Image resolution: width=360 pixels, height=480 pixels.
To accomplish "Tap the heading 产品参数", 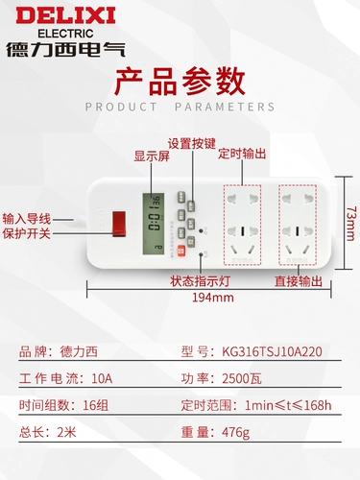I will (x=179, y=81).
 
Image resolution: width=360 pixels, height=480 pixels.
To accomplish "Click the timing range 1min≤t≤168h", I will (x=289, y=404).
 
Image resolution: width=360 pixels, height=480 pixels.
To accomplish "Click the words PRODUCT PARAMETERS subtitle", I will (x=180, y=106).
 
